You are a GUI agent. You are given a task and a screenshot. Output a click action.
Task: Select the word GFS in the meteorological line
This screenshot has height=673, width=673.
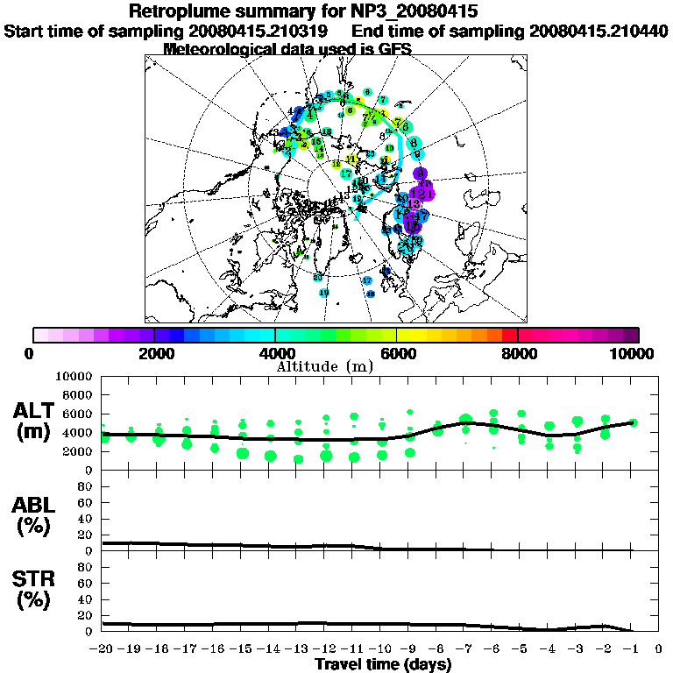[393, 49]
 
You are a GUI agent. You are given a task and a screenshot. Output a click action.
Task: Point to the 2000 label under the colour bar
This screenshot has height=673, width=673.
[153, 353]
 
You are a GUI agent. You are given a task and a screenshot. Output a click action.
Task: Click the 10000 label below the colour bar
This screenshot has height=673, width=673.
[633, 353]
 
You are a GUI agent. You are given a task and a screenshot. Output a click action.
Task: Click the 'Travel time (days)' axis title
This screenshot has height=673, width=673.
[383, 664]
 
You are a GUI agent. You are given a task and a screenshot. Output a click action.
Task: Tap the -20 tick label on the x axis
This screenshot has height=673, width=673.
[103, 649]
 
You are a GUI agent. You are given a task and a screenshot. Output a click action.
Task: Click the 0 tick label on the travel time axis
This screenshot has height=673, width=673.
[659, 649]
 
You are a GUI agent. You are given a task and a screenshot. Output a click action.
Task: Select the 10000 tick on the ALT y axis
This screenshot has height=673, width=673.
[74, 376]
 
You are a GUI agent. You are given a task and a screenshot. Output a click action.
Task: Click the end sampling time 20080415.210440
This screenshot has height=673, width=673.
[599, 31]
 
